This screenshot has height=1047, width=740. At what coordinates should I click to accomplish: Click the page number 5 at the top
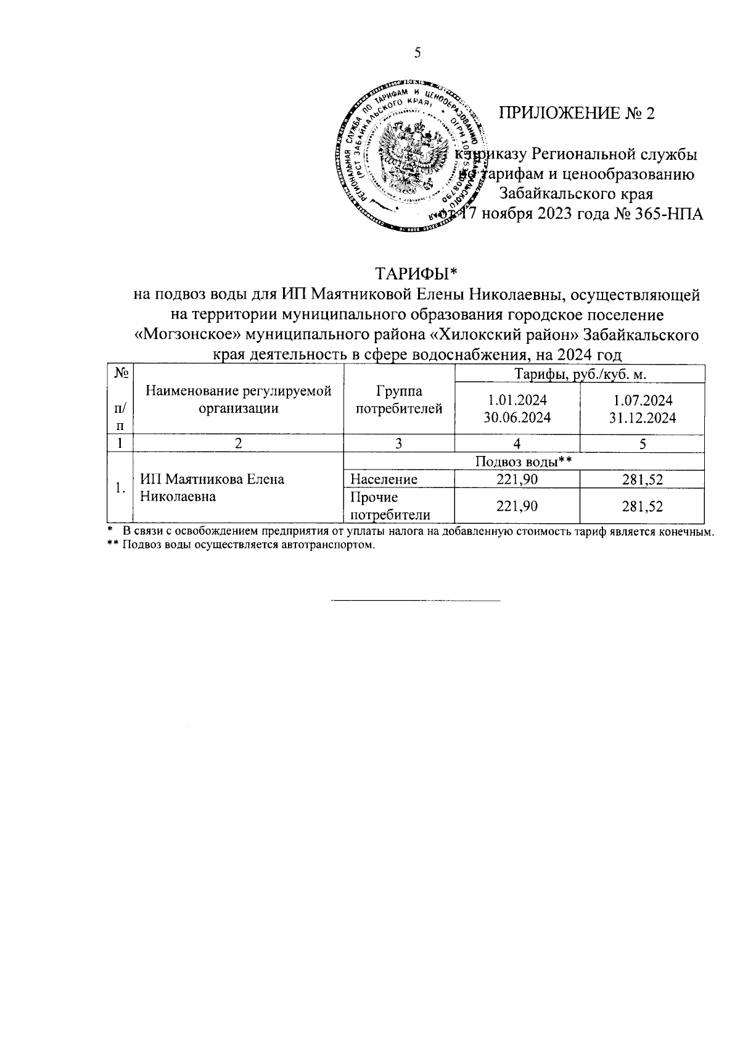tap(417, 53)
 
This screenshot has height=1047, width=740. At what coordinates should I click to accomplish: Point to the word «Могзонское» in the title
tap(179, 336)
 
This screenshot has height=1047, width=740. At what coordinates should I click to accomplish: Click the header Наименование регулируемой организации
tap(238, 399)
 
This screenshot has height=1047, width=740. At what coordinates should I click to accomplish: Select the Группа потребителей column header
tap(399, 399)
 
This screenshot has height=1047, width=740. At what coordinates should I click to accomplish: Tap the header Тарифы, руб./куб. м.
tap(580, 374)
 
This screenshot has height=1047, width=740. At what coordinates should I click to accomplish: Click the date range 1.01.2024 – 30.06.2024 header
tap(517, 408)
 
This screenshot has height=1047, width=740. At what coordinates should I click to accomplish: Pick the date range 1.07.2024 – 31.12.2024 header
tap(642, 408)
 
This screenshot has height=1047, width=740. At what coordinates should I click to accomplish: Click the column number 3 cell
tap(399, 443)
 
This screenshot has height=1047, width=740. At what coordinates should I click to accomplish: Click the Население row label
tap(384, 479)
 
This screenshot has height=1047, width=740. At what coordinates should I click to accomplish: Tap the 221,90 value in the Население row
tap(517, 479)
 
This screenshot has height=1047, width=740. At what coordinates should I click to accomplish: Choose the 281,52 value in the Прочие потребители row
tap(642, 507)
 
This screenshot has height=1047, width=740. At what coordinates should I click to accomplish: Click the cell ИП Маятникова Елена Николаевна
tap(212, 487)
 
